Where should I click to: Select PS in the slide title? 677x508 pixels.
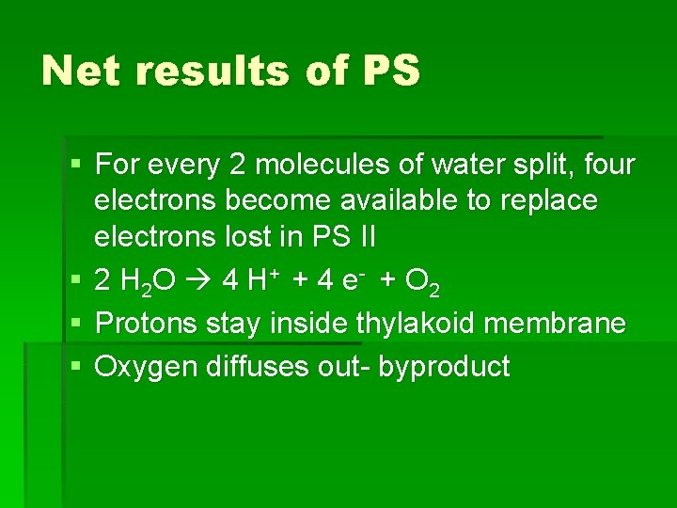387,71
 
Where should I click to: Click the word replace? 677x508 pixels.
554,199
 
